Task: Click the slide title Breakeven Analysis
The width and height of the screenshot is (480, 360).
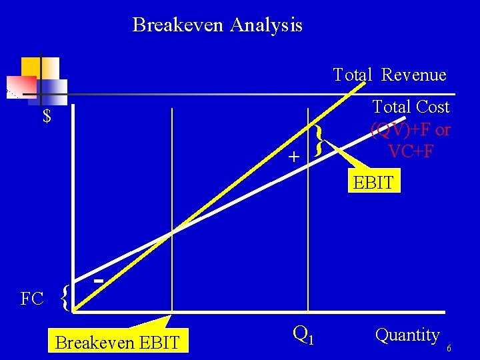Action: pyautogui.click(x=217, y=25)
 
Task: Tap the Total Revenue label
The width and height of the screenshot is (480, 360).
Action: pyautogui.click(x=389, y=75)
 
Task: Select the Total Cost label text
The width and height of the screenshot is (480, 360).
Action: pyautogui.click(x=411, y=107)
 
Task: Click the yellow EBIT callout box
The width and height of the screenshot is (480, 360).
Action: pyautogui.click(x=373, y=182)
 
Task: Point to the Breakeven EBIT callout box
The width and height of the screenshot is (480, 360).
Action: pyautogui.click(x=117, y=343)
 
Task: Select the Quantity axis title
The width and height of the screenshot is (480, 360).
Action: pyautogui.click(x=407, y=335)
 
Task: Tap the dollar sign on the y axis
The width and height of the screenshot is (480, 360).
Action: pyautogui.click(x=47, y=117)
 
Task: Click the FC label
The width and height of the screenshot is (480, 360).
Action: pyautogui.click(x=32, y=299)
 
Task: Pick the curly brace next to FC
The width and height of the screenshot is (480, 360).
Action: pyautogui.click(x=65, y=298)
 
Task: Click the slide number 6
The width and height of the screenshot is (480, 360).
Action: pyautogui.click(x=449, y=349)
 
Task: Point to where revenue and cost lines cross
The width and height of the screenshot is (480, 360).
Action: pyautogui.click(x=172, y=232)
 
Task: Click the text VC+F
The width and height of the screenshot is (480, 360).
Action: pyautogui.click(x=411, y=151)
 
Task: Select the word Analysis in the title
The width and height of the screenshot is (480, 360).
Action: pyautogui.click(x=266, y=25)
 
